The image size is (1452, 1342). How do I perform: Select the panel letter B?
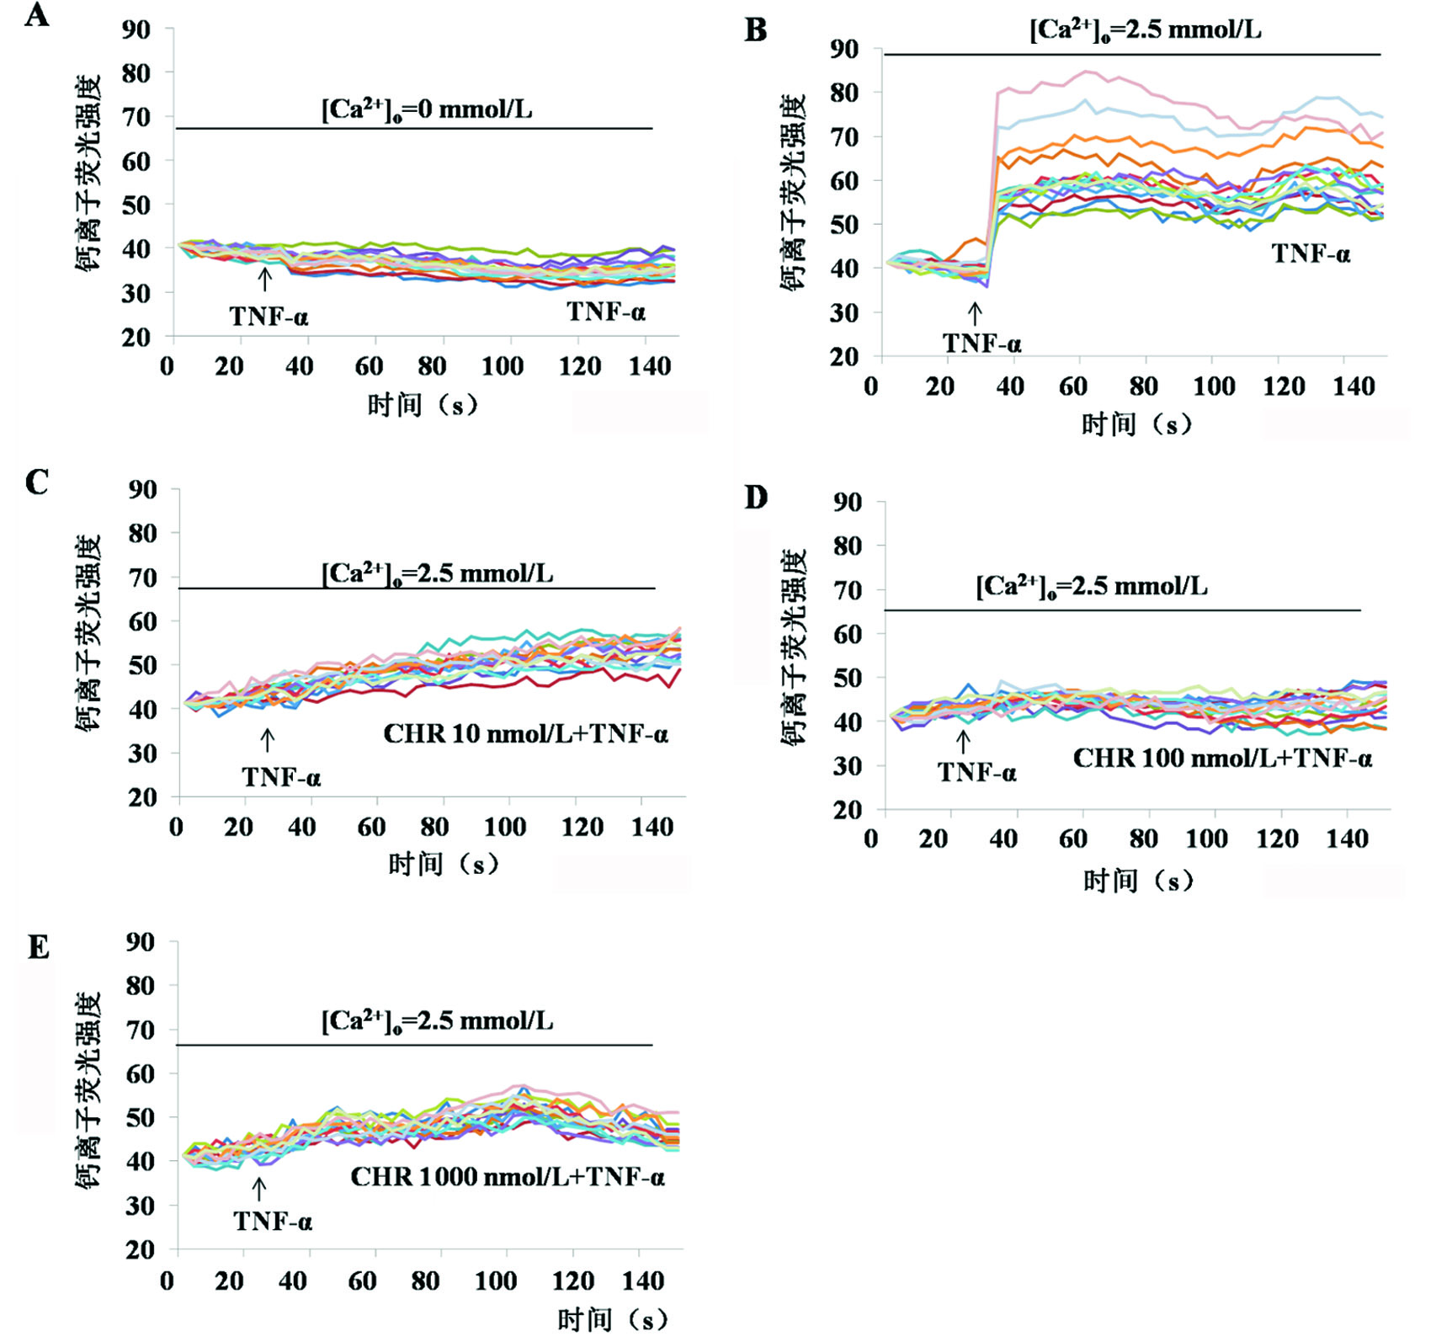(x=756, y=30)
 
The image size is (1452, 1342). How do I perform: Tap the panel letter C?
(x=36, y=482)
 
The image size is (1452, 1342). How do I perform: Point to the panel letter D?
(x=756, y=497)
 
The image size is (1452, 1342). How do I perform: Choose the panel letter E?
(x=38, y=947)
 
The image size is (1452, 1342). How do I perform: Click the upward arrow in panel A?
(x=265, y=279)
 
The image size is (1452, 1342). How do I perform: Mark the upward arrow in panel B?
(x=975, y=314)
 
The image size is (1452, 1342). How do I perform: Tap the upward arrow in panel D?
(x=964, y=742)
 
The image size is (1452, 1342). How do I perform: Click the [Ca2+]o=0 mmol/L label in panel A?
(x=427, y=110)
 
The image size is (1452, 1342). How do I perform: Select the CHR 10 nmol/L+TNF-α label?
(x=526, y=734)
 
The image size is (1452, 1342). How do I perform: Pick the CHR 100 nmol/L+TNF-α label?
(x=1222, y=759)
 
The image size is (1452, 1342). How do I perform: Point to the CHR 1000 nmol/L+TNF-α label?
(x=508, y=1176)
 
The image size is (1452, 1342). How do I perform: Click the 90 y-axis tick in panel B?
(x=843, y=49)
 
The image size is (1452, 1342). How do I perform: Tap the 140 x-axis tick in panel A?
(x=650, y=366)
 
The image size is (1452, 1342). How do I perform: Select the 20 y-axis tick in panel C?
(x=142, y=796)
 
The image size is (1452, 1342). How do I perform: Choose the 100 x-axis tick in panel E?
(x=495, y=1281)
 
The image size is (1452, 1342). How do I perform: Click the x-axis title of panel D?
(x=1138, y=881)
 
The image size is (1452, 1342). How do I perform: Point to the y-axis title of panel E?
(x=88, y=1089)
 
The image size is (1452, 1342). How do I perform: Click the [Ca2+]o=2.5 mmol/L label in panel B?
(x=1145, y=30)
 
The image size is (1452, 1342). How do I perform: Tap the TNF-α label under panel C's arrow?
(x=281, y=776)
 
